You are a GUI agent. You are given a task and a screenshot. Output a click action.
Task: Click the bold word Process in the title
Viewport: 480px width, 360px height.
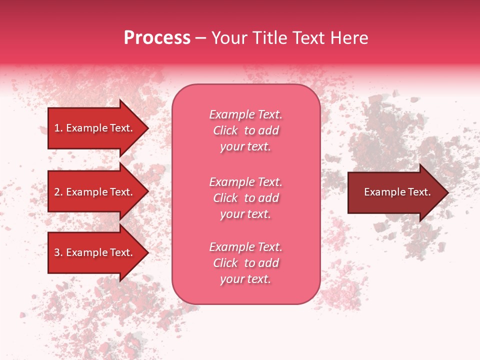(x=157, y=38)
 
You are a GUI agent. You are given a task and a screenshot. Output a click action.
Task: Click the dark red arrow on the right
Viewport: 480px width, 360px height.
(x=395, y=192)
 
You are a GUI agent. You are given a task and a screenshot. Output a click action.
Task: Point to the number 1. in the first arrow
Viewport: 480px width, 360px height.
(x=58, y=128)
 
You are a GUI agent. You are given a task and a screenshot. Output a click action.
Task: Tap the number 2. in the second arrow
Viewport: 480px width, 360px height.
(x=58, y=192)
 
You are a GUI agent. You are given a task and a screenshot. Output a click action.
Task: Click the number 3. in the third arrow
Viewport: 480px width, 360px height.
(x=58, y=252)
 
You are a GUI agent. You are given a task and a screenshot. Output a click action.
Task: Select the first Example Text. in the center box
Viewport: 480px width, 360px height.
(x=245, y=114)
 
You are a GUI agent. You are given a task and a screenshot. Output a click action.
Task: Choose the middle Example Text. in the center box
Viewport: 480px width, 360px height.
(x=245, y=181)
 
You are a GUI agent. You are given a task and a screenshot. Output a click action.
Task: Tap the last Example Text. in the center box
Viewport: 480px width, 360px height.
(x=245, y=247)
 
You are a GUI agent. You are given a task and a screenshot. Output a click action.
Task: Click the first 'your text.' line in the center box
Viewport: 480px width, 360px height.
(x=245, y=147)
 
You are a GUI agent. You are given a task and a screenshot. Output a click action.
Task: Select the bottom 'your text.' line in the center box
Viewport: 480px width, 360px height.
(x=245, y=279)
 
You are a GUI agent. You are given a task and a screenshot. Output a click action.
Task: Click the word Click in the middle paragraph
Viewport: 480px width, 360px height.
(x=225, y=198)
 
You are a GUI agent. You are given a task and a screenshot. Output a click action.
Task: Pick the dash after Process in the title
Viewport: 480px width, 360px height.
(x=200, y=38)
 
